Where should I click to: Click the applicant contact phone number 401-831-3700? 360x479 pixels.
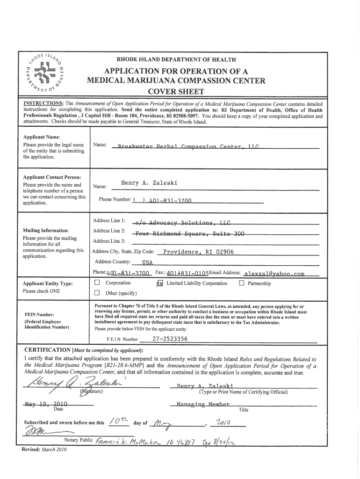171,201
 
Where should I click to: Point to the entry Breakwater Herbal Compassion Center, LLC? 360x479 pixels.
188,146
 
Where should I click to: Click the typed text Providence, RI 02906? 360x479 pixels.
198,252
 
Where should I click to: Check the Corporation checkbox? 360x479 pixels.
97,283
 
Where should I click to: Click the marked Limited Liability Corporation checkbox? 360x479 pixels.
159,283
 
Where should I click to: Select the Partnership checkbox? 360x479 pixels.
242,283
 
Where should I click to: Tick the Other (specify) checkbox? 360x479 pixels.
97,293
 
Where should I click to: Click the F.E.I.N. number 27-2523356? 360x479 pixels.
170,339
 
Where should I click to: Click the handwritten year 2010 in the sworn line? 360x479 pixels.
222,422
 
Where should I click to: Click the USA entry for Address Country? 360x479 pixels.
141,262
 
